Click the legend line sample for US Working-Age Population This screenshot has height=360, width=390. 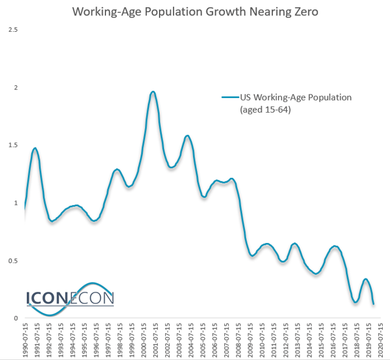[229, 97]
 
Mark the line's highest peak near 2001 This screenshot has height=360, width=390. [153, 92]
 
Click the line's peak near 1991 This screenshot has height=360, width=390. [35, 148]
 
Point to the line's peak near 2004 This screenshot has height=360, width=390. [187, 136]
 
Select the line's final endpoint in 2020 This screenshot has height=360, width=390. [373, 303]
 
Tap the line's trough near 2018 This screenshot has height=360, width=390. [355, 302]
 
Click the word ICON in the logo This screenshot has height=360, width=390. [48, 297]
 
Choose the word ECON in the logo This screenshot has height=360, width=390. [92, 297]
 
